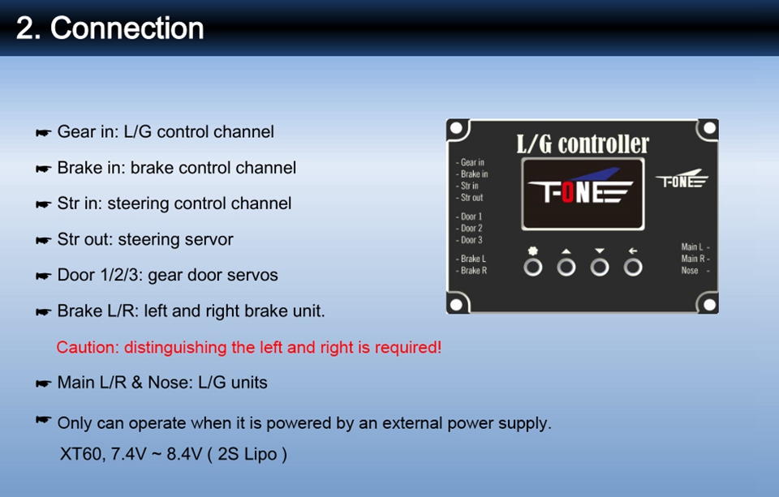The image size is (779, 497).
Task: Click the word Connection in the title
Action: click(127, 28)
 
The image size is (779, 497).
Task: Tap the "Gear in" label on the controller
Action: click(472, 162)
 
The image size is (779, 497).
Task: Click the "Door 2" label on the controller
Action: click(471, 229)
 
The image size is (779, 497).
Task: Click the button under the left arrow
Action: click(633, 268)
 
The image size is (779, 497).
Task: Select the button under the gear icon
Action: click(533, 268)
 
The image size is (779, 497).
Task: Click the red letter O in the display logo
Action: click(568, 193)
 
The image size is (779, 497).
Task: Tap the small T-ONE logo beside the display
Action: click(682, 179)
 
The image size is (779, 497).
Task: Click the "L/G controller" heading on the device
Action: click(583, 144)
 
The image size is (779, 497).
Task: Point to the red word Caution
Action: click(86, 347)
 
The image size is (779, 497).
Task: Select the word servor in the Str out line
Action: click(211, 239)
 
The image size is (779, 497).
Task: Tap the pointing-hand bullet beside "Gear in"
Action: click(43, 133)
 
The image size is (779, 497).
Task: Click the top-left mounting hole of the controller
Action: click(456, 129)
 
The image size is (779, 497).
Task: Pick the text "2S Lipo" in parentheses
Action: click(247, 454)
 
